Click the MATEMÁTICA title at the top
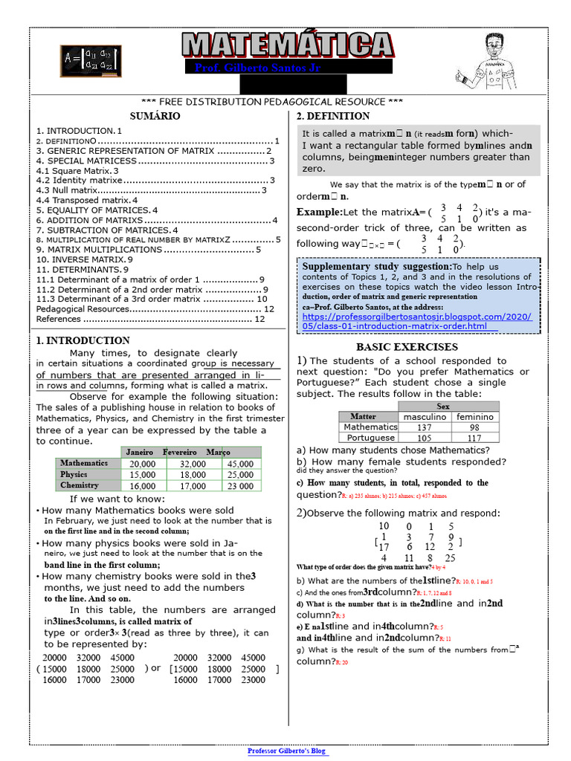click(x=287, y=45)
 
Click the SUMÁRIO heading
click(x=155, y=117)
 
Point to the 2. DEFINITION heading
click(x=333, y=117)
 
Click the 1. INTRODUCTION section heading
click(x=83, y=340)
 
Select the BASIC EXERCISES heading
click(x=417, y=347)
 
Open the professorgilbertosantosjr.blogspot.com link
click(x=417, y=321)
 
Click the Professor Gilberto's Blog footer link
click(x=287, y=751)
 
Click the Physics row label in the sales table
click(x=74, y=474)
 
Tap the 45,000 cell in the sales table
click(x=240, y=464)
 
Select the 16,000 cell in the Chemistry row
click(x=143, y=486)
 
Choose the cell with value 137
click(x=425, y=427)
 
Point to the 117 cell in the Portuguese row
click(x=474, y=438)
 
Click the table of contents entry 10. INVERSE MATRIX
click(x=84, y=259)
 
